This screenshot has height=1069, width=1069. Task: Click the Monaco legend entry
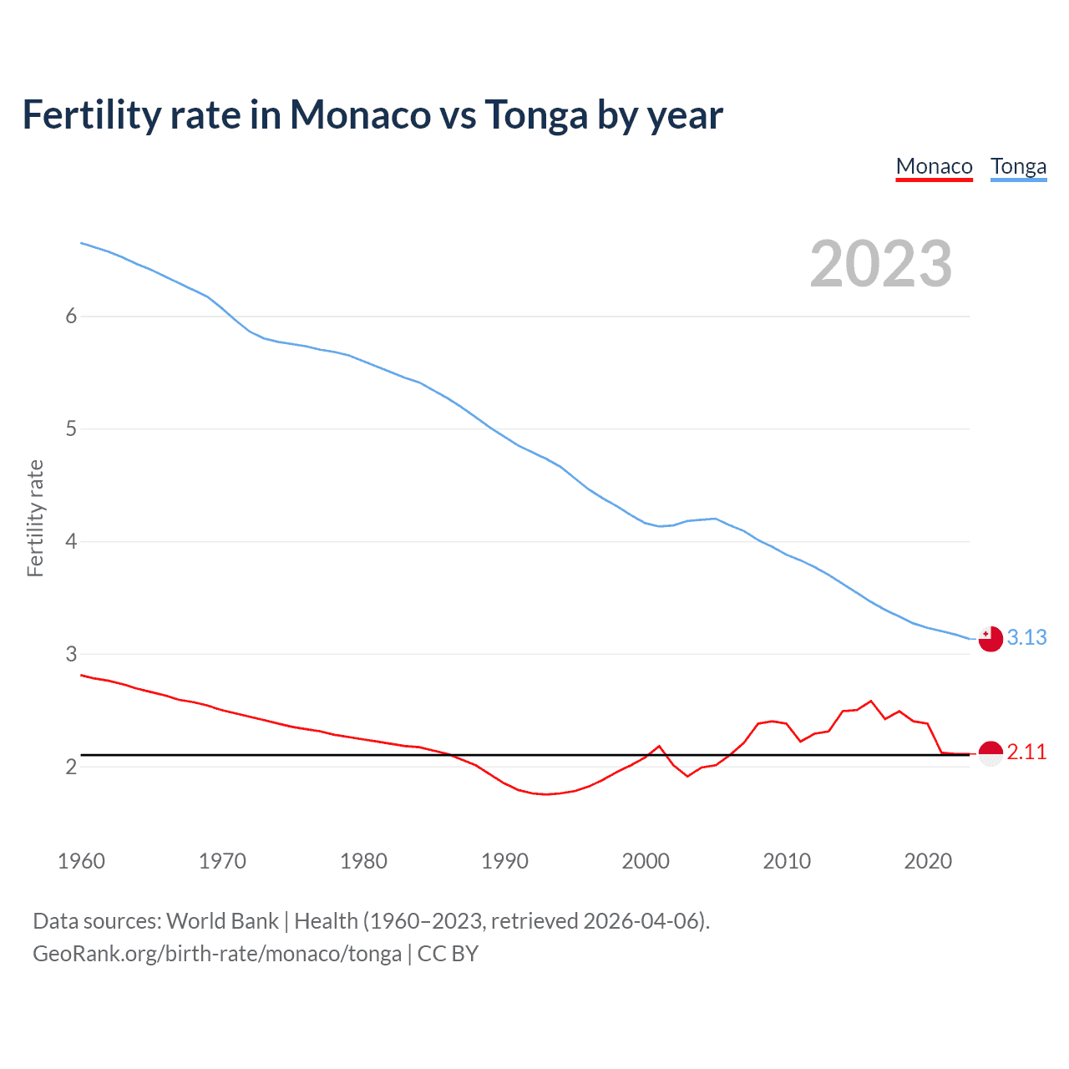click(x=934, y=167)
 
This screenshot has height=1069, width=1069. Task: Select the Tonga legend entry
click(x=1018, y=167)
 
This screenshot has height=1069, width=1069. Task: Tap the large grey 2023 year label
click(x=881, y=264)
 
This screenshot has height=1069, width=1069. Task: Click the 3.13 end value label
click(x=1026, y=638)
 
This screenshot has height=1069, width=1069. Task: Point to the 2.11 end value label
click(x=1026, y=752)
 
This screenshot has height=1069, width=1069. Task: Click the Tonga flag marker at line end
click(x=990, y=639)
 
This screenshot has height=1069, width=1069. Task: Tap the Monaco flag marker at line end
click(x=990, y=753)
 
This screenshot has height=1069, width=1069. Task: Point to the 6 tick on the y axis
click(x=71, y=317)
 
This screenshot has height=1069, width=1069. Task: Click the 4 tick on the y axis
click(x=71, y=542)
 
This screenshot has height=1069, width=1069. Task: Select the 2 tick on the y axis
click(x=71, y=767)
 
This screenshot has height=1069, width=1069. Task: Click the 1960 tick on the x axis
click(x=81, y=861)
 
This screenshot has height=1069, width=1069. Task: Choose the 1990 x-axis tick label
click(x=504, y=861)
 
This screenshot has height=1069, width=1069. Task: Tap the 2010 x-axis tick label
click(x=787, y=861)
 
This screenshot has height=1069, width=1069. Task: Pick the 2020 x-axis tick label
click(x=928, y=861)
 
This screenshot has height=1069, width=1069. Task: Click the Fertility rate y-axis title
click(x=35, y=518)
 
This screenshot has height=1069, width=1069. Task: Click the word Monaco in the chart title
click(x=360, y=115)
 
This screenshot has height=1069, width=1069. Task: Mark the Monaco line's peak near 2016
click(x=871, y=701)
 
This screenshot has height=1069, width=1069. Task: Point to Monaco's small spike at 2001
click(x=659, y=746)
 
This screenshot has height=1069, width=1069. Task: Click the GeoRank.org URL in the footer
click(x=217, y=954)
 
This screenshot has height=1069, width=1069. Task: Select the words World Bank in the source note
click(x=222, y=921)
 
